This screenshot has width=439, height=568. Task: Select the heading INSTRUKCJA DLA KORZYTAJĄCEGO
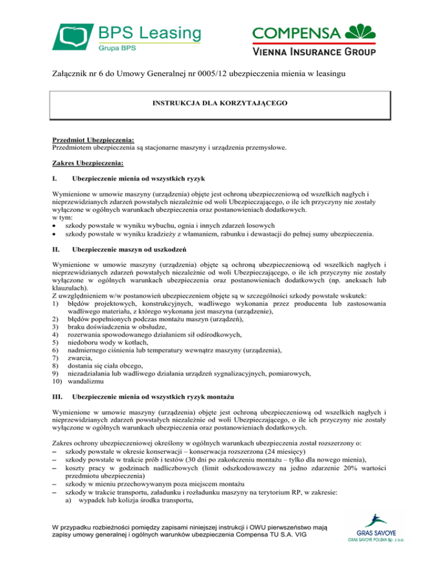point(219,104)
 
